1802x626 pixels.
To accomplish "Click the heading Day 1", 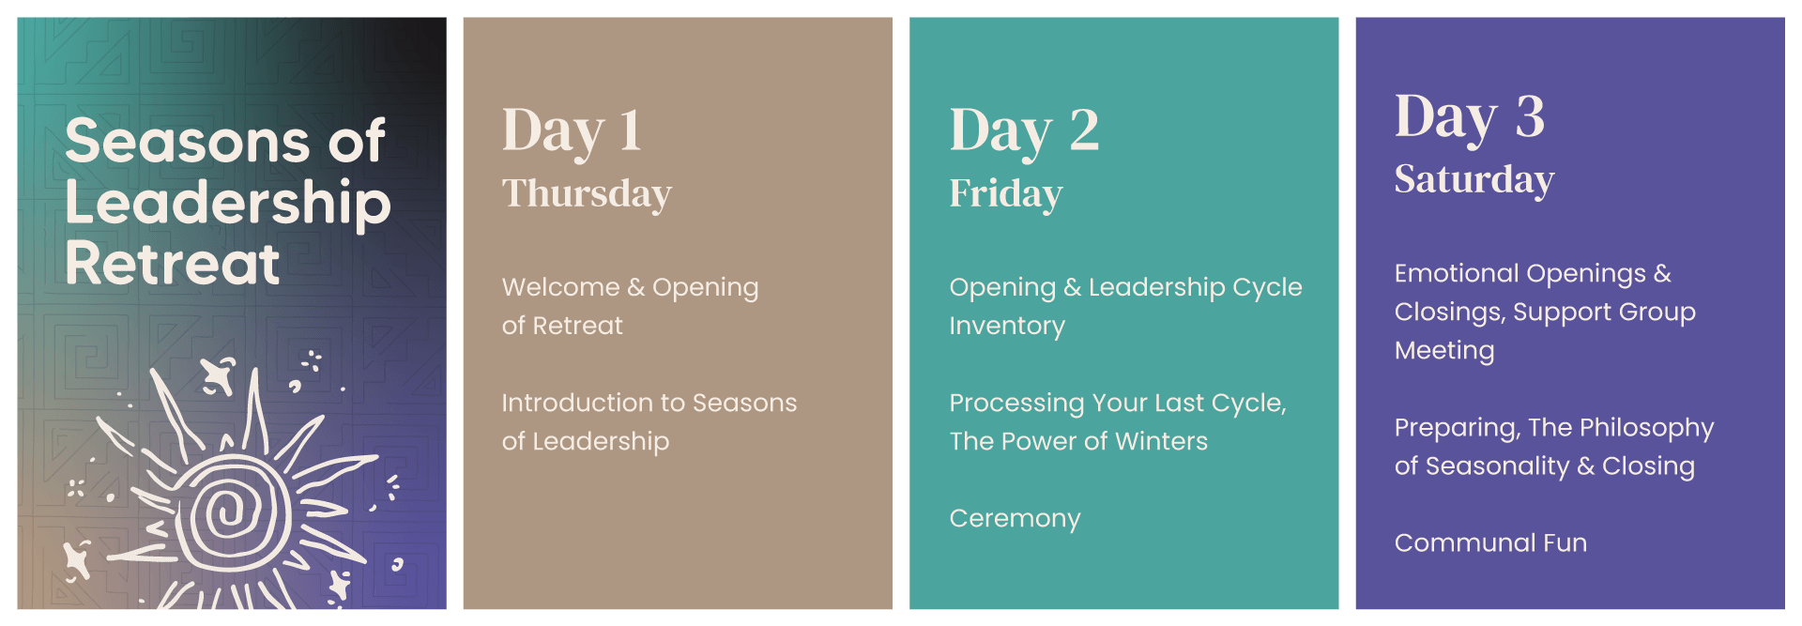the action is tap(572, 130).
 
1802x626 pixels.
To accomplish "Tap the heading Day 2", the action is tap(1023, 130).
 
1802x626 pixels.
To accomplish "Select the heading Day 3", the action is tap(1469, 117).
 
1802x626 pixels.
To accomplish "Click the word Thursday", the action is tap(587, 193).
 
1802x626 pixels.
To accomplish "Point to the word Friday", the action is tap(1005, 194).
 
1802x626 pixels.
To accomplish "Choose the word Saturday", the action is tap(1474, 180).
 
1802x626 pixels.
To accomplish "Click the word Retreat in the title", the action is tap(173, 263).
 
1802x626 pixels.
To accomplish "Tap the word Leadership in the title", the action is tap(228, 204).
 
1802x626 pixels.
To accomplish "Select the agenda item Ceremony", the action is tap(1015, 518).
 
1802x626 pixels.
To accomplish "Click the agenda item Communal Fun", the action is tap(1490, 542).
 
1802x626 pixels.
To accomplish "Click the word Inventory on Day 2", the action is tap(1007, 326).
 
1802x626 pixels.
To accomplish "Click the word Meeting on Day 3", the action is tap(1444, 351).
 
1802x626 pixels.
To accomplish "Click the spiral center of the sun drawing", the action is tap(225, 512).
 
